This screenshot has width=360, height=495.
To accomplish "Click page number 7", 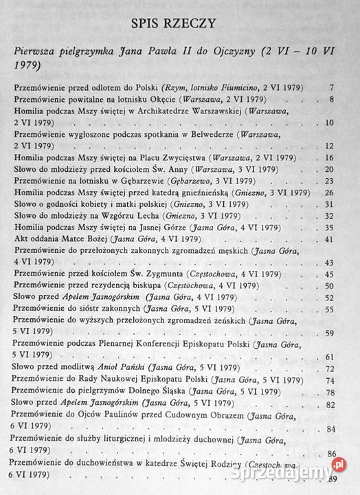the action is pyautogui.click(x=331, y=88).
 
